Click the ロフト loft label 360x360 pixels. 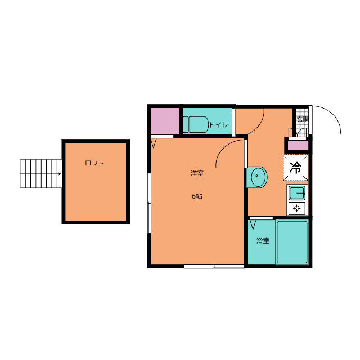pyautogui.click(x=94, y=163)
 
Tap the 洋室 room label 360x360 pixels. pyautogui.click(x=197, y=173)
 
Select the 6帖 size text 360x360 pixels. pyautogui.click(x=197, y=196)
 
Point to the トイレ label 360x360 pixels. pyautogui.click(x=218, y=125)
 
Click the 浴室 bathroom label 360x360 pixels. pyautogui.click(x=263, y=241)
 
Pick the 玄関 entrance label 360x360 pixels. pyautogui.click(x=303, y=119)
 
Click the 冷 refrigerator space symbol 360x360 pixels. pyautogui.click(x=295, y=168)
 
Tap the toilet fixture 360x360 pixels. pyautogui.click(x=196, y=124)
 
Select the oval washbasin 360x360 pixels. pyautogui.click(x=259, y=177)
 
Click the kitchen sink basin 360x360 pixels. pyautogui.click(x=297, y=193)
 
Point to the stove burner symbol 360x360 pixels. pyautogui.click(x=297, y=209)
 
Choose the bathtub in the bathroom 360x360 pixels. pyautogui.click(x=292, y=242)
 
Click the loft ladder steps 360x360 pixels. pyautogui.click(x=40, y=174)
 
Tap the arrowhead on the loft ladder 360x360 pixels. pyautogui.click(x=60, y=174)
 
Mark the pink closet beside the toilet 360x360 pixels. pyautogui.click(x=165, y=121)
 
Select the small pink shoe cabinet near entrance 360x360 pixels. pyautogui.click(x=298, y=145)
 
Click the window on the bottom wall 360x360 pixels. pyautogui.click(x=214, y=266)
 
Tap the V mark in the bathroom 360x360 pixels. pyautogui.click(x=253, y=224)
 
